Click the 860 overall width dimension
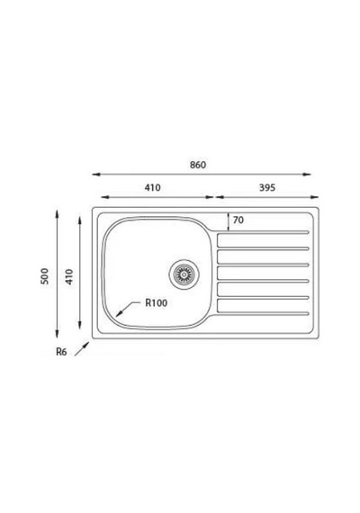(198, 165)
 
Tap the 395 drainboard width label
(267, 187)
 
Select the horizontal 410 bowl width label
(152, 187)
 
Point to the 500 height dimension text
(44, 276)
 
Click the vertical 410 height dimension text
(69, 277)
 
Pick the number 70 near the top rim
(238, 220)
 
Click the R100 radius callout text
(156, 303)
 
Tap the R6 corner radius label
(61, 352)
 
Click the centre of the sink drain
(184, 274)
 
